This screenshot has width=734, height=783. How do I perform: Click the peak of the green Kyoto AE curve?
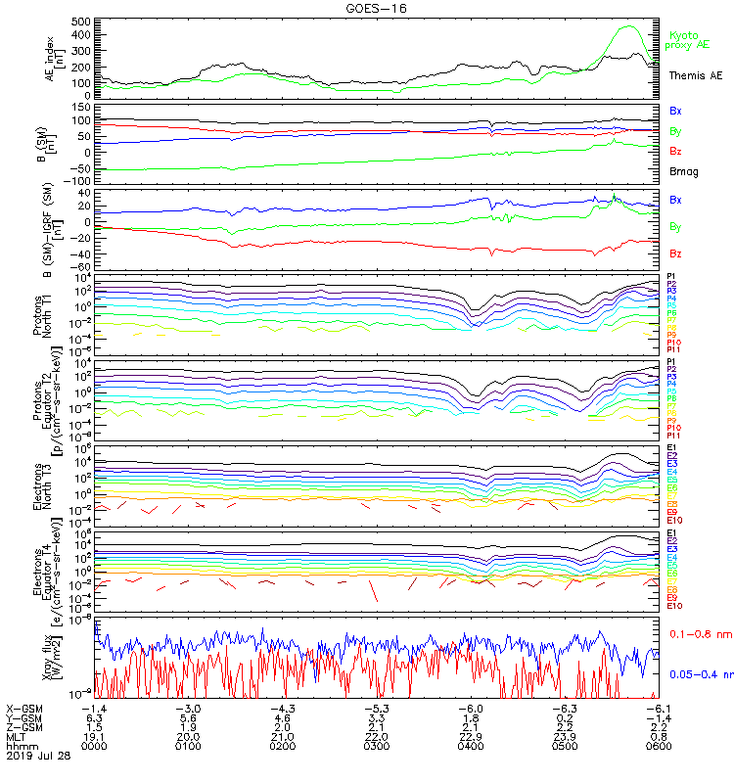coord(627,26)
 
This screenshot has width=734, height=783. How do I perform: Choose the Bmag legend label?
coord(683,171)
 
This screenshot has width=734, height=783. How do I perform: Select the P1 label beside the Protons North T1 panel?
coord(671,277)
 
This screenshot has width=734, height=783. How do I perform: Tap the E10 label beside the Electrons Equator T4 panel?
coord(673,606)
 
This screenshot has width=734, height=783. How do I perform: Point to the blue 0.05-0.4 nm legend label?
coord(697,673)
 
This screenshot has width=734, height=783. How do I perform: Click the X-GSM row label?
coord(25,709)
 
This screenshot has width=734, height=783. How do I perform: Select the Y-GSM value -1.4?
coord(658,717)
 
